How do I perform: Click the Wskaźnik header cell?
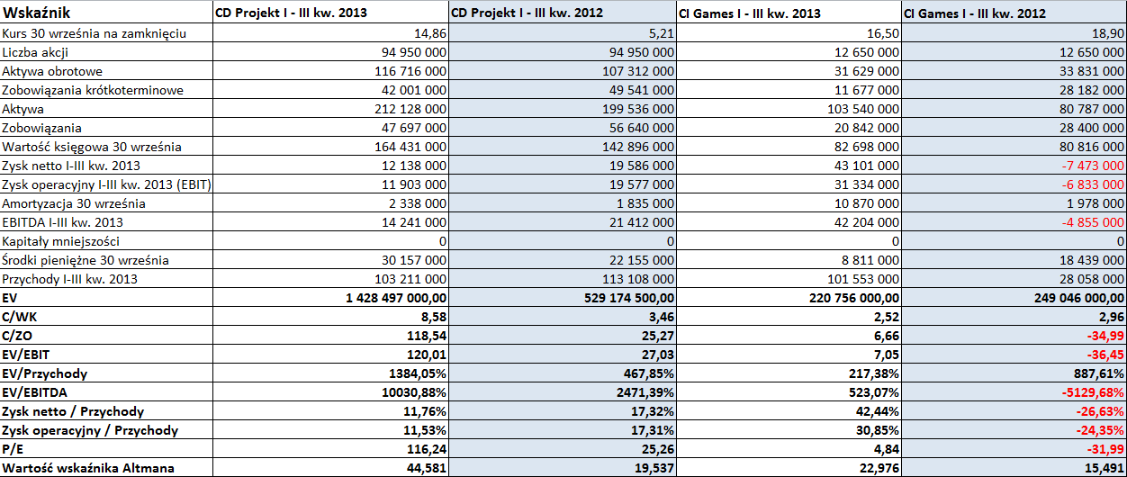[x=36, y=13]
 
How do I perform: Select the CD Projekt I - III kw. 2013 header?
[x=292, y=13]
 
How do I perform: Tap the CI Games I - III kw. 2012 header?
[x=975, y=13]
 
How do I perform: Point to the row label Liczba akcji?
[x=35, y=52]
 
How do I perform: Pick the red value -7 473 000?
[x=1093, y=166]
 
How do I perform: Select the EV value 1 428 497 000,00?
[x=396, y=298]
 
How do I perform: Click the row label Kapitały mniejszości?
[x=61, y=241]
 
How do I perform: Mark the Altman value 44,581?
[x=427, y=468]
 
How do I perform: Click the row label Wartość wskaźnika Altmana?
[x=88, y=468]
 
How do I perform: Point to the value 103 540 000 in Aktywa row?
[x=863, y=109]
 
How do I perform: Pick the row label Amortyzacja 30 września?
[x=74, y=203]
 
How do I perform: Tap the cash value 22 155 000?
[x=642, y=260]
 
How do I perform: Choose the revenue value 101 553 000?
[x=863, y=279]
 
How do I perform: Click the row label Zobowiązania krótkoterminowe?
[x=93, y=91]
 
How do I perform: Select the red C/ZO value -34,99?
[x=1106, y=336]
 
